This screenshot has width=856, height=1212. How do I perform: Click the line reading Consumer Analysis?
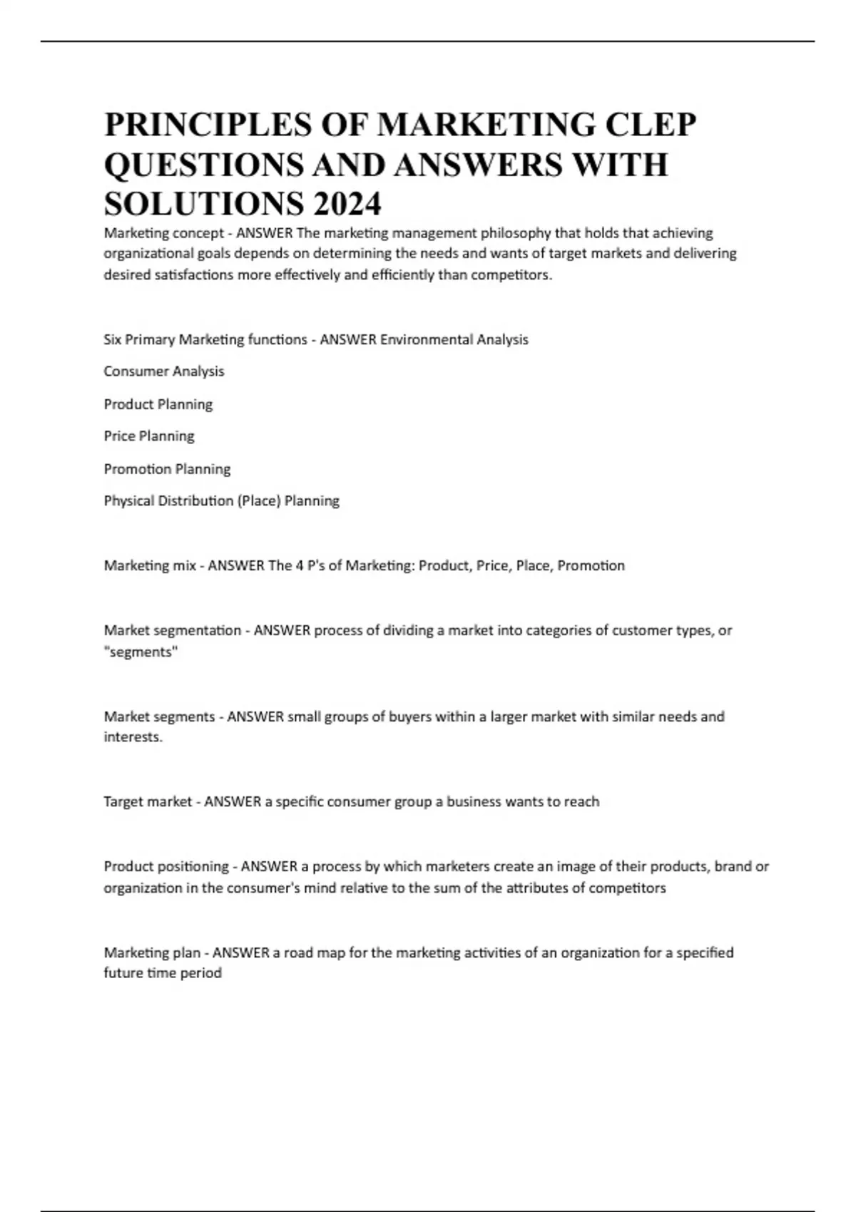[x=164, y=371]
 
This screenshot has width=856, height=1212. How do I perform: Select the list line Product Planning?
[x=158, y=404]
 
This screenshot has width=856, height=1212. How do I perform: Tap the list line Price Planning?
[x=149, y=436]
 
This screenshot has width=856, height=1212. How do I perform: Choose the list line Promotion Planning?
[x=168, y=469]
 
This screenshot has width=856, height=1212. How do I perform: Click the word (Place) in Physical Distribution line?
[x=259, y=501]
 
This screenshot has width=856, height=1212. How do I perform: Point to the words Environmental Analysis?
[x=454, y=340]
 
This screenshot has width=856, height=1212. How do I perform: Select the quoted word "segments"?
[x=141, y=652]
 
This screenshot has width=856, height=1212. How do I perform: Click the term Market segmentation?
[x=173, y=631]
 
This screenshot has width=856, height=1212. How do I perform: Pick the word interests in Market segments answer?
[x=133, y=738]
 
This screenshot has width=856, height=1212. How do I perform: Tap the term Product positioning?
[x=166, y=867]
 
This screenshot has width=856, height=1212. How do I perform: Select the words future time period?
[x=163, y=974]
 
